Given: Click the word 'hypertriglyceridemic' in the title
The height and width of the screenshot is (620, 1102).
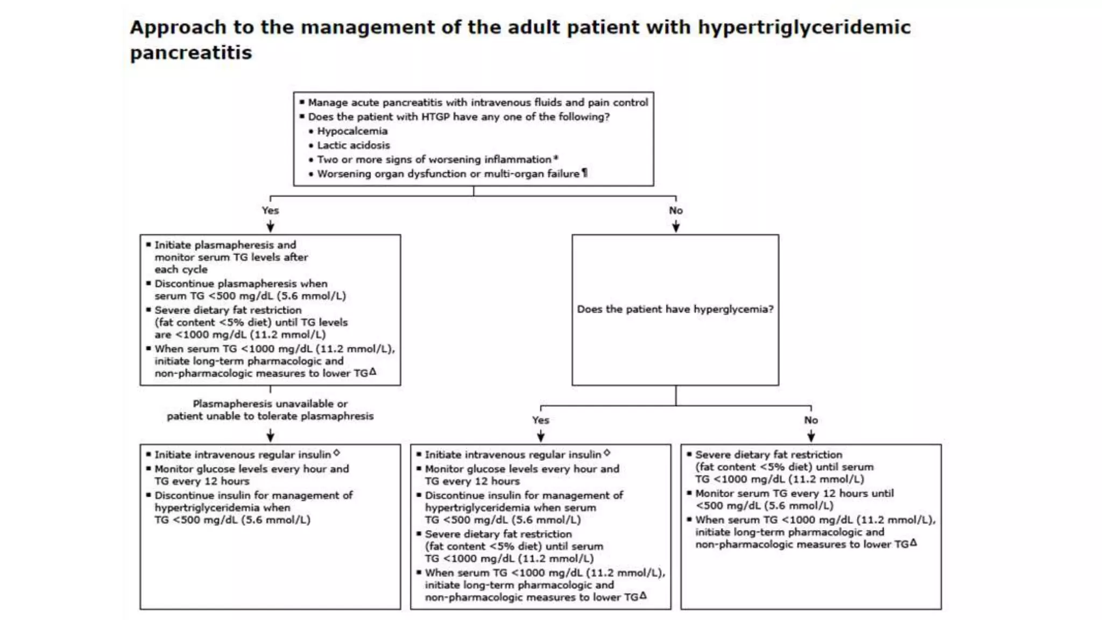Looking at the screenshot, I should point(804,27).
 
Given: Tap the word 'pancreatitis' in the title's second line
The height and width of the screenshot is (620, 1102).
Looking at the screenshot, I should point(190,53).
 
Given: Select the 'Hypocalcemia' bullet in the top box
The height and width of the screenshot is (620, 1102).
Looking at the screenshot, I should point(352,131).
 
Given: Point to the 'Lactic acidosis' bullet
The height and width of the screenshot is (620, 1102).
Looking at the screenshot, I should point(353,145).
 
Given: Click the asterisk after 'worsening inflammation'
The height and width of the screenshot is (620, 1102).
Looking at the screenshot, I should point(556,158).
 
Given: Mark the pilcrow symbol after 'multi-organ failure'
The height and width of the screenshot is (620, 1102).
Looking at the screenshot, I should point(584,173).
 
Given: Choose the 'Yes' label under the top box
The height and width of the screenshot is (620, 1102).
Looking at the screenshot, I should point(270,210).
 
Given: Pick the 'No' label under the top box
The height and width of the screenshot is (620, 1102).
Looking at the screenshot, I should point(676,210).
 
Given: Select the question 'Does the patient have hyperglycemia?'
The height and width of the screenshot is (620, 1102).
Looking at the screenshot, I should point(675,309).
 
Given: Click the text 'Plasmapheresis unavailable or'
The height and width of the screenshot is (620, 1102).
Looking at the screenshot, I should point(270,404).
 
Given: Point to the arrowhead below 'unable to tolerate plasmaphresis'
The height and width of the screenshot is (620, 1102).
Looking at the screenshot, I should point(270,436).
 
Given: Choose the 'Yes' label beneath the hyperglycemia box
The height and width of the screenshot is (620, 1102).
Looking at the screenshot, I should point(541,420).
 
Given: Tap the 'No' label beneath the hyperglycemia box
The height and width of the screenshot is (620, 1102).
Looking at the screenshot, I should point(811,420).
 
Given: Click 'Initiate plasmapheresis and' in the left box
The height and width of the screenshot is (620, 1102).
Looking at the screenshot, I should point(225,245).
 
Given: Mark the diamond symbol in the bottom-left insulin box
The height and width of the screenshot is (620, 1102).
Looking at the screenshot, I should point(337,453).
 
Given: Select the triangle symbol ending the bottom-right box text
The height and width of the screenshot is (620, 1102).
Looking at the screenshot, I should point(913,542).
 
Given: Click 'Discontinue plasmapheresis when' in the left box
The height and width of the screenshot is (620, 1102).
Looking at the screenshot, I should point(241,284).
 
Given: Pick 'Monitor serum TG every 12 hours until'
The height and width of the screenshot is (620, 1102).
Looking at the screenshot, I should point(794,494).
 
